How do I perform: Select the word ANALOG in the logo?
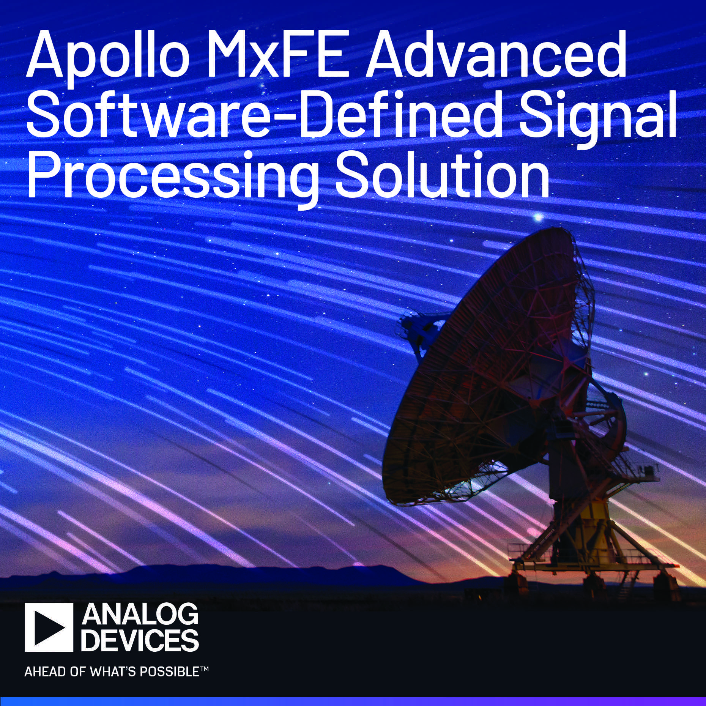click(x=140, y=616)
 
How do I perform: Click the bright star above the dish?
click(x=538, y=217)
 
